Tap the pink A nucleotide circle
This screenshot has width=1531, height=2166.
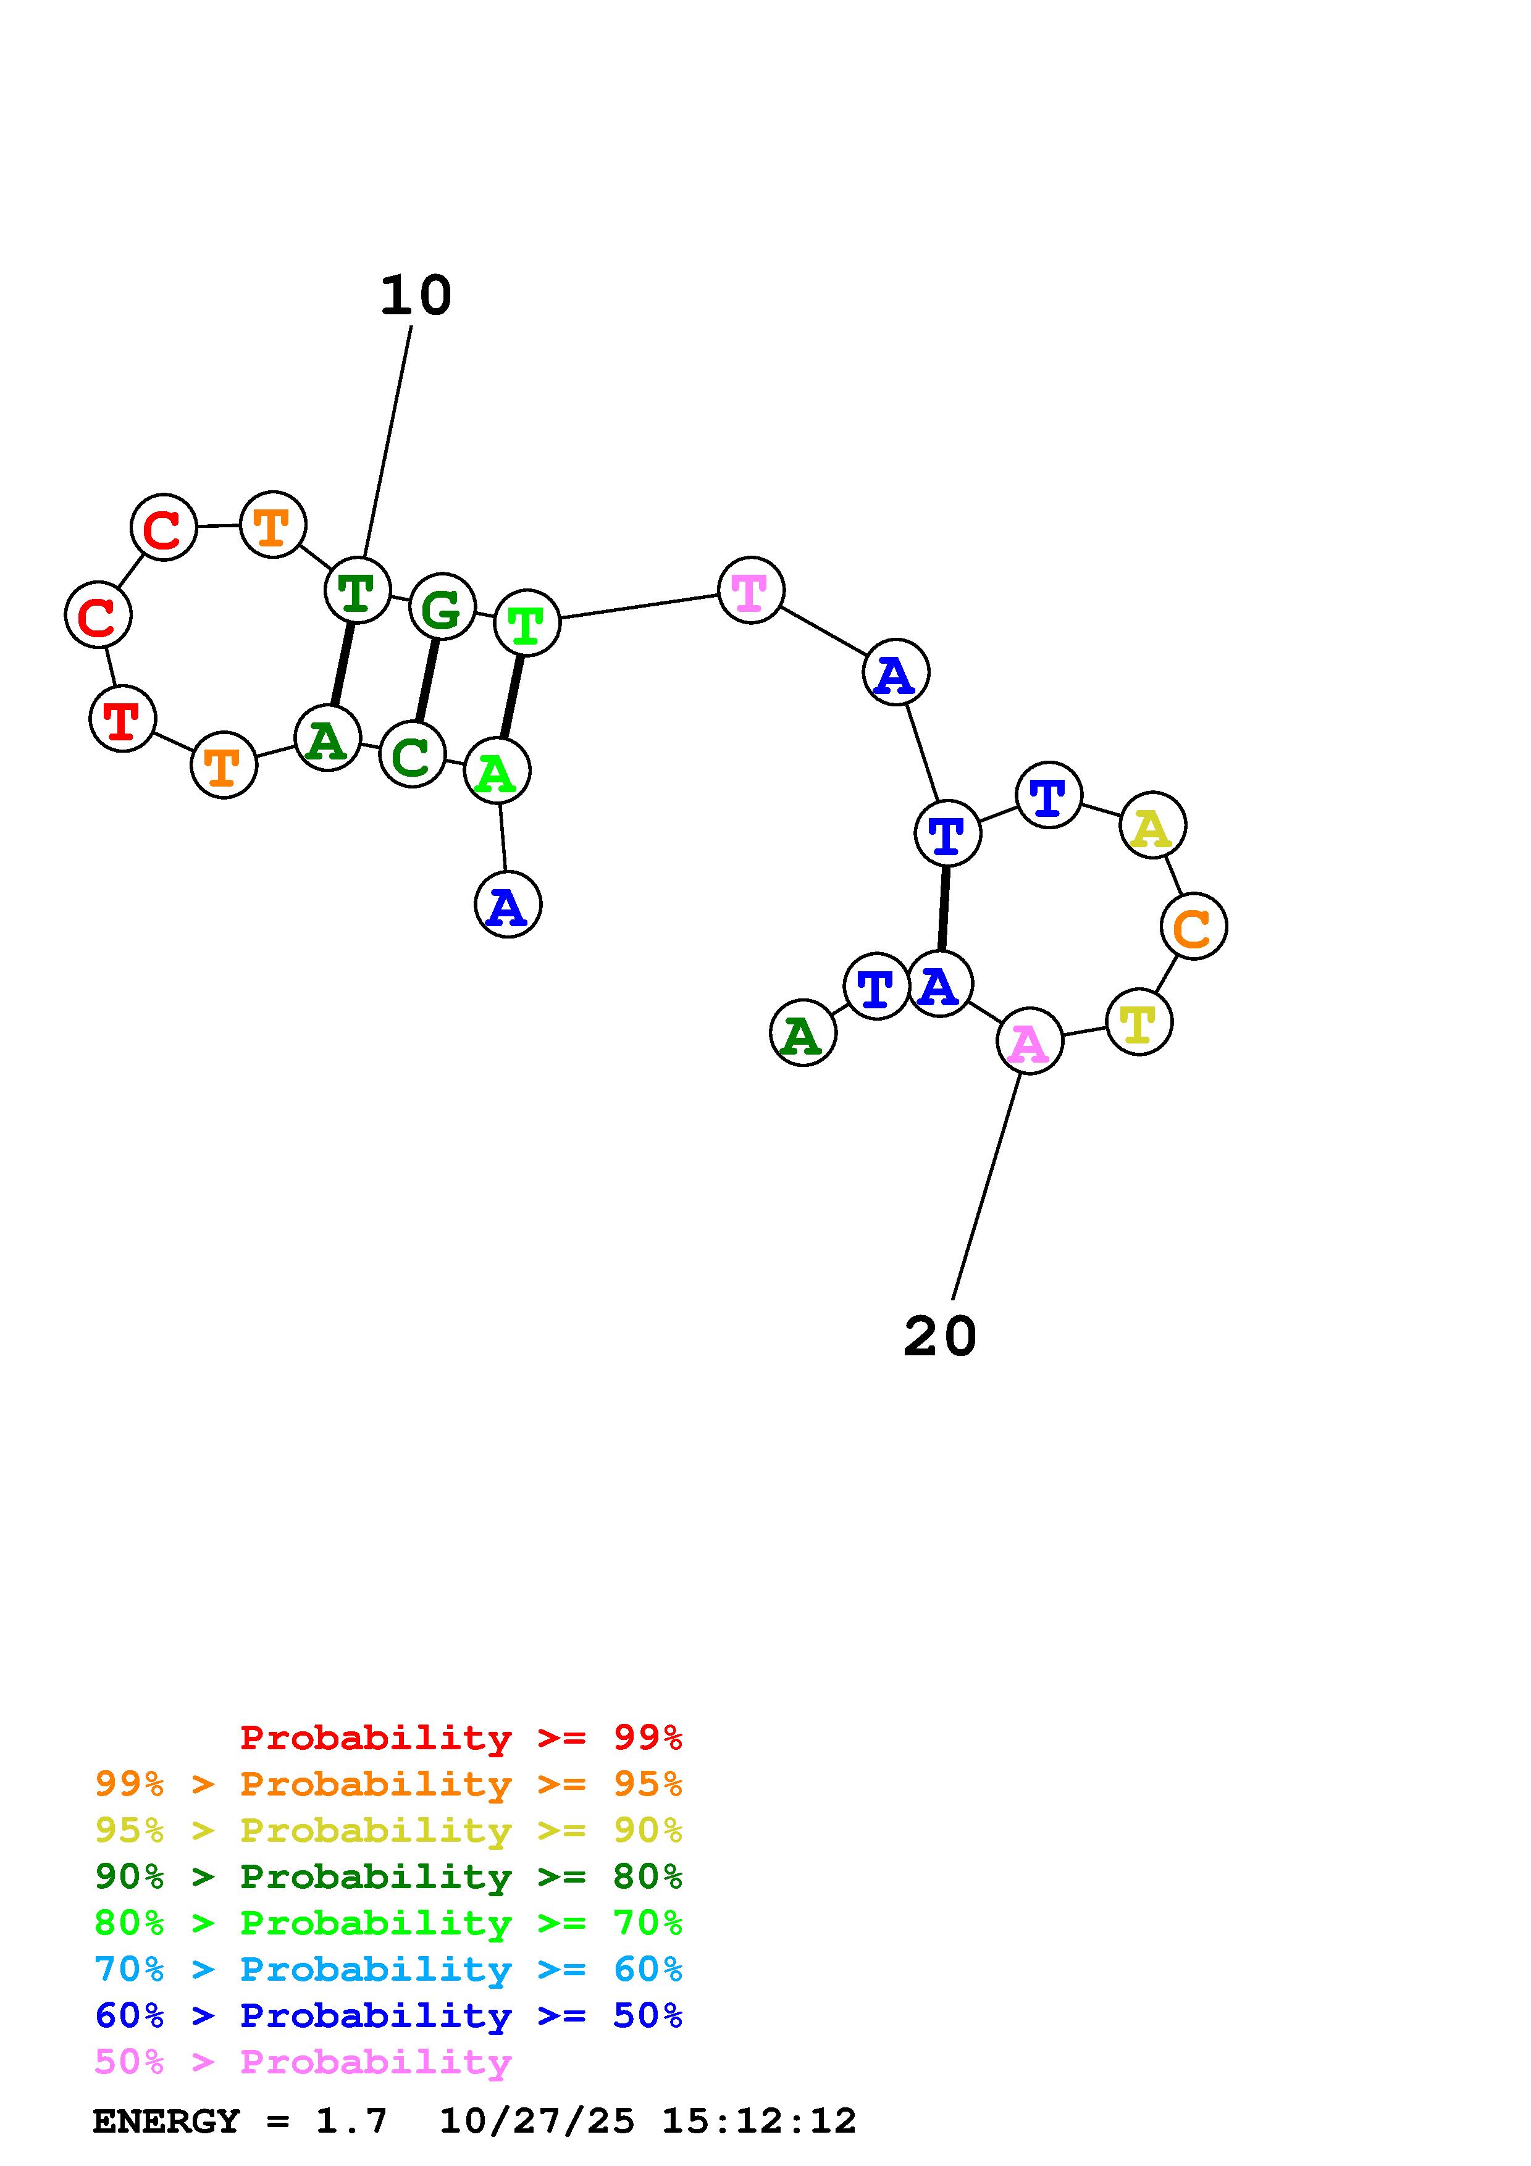(x=1029, y=1042)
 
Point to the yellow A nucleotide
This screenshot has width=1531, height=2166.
(x=1152, y=826)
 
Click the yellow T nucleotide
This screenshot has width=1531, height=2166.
(x=1139, y=1022)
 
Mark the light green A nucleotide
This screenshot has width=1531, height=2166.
(x=497, y=772)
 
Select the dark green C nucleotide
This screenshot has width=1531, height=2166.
(x=412, y=754)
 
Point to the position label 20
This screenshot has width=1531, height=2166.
(x=939, y=1337)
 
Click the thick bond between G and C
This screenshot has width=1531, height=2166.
(x=427, y=680)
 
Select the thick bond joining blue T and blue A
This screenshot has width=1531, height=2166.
(x=943, y=908)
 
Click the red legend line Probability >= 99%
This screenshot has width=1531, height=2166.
(x=460, y=1737)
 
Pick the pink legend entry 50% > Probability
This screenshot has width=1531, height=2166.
(x=303, y=2062)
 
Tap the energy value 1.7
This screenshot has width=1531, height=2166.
(x=351, y=2122)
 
